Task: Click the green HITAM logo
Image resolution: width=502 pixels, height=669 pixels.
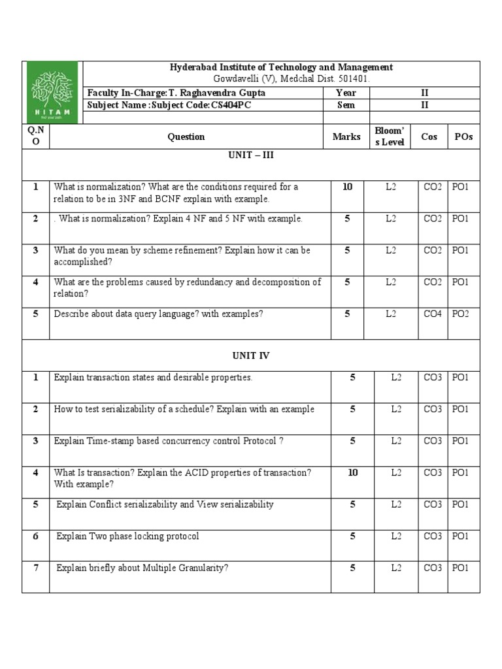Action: pos(50,93)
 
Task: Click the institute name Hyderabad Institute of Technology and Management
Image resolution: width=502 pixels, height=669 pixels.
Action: pos(281,67)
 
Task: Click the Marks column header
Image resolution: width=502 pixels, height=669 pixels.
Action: pos(346,137)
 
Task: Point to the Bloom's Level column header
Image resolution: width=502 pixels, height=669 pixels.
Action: pos(390,137)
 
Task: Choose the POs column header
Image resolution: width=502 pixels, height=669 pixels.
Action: pos(463,137)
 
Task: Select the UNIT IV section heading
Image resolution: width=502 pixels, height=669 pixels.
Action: pos(251,356)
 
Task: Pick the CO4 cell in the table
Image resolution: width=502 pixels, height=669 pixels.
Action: pos(432,314)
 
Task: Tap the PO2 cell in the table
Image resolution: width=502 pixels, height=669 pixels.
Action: pos(460,314)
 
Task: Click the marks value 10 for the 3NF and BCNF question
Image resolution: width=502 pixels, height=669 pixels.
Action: pos(347,187)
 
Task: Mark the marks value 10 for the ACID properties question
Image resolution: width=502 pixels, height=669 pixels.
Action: pos(352,472)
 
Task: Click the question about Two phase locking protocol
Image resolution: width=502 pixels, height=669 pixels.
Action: pos(127,536)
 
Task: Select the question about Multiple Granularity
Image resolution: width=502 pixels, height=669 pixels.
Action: pos(142,568)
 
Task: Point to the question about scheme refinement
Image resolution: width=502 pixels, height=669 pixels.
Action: pos(182,256)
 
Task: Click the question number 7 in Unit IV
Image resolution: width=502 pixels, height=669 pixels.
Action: pos(36,568)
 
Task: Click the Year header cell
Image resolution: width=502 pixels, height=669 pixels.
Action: pos(346,93)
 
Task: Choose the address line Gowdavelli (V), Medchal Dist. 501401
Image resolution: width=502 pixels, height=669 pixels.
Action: pos(281,78)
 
